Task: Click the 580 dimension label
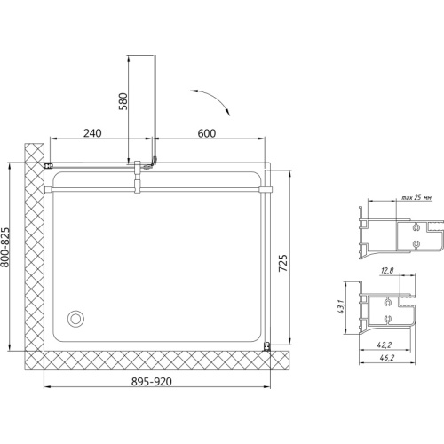[123, 101]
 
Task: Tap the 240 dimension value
[92, 133]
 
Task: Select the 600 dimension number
[207, 133]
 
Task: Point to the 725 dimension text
[283, 263]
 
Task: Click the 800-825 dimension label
[5, 247]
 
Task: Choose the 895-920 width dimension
[152, 382]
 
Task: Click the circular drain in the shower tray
[75, 319]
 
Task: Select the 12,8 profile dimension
[387, 270]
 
